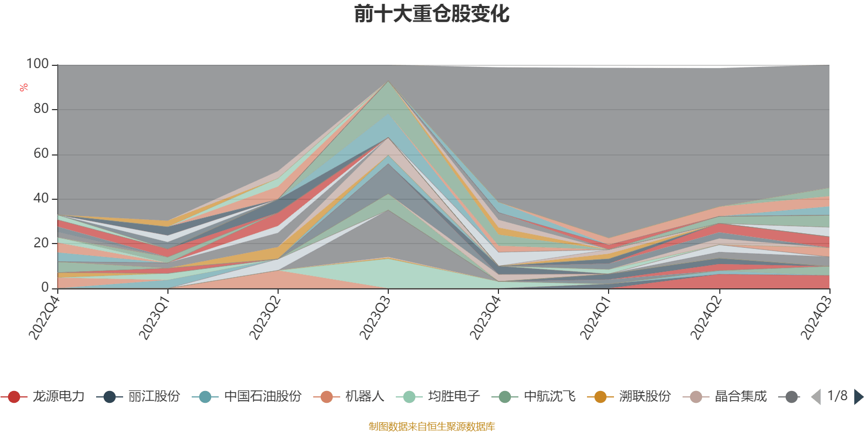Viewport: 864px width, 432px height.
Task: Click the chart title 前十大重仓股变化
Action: click(x=431, y=14)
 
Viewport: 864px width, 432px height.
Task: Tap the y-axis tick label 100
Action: click(x=37, y=64)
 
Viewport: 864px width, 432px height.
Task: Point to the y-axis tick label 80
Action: click(x=40, y=109)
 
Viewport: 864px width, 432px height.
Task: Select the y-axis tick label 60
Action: click(x=40, y=154)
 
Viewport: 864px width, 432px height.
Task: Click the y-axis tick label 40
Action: click(x=40, y=199)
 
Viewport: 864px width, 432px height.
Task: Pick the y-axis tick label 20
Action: click(x=40, y=243)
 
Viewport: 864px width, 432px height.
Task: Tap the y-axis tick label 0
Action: click(x=45, y=288)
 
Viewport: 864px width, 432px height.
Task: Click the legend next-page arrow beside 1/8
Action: click(x=858, y=397)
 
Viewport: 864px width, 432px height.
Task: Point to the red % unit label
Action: click(x=24, y=88)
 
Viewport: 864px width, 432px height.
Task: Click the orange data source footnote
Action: click(x=431, y=427)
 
